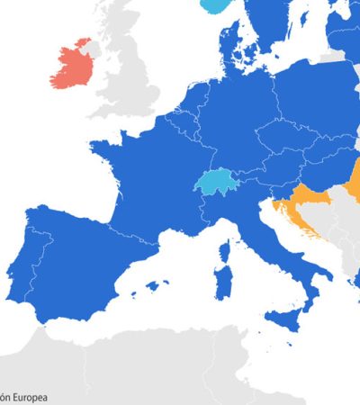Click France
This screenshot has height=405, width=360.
144,180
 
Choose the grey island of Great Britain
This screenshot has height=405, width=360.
135,72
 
